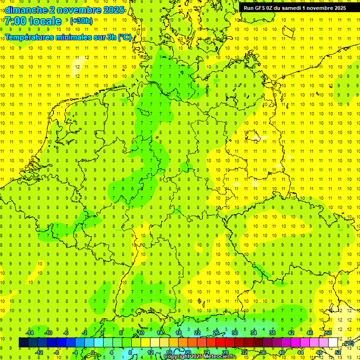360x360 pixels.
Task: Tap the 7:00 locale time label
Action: click(x=33, y=21)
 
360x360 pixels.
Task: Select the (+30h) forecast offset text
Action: click(x=81, y=21)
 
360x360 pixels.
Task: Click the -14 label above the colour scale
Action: click(x=30, y=333)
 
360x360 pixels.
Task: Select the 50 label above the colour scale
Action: click(x=329, y=333)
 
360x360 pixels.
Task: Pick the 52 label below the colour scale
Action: click(x=338, y=352)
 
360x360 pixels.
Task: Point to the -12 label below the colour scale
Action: click(x=39, y=352)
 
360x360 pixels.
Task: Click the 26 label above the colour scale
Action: click(x=216, y=333)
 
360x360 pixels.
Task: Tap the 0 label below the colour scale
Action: click(x=93, y=352)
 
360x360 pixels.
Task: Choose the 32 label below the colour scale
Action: click(x=244, y=352)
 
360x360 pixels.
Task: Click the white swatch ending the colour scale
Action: click(x=333, y=343)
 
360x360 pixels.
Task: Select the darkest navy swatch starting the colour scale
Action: click(x=23, y=343)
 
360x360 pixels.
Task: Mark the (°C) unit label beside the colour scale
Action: click(x=349, y=344)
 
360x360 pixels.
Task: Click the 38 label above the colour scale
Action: click(x=272, y=333)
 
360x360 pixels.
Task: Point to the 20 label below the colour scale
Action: click(x=188, y=352)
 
